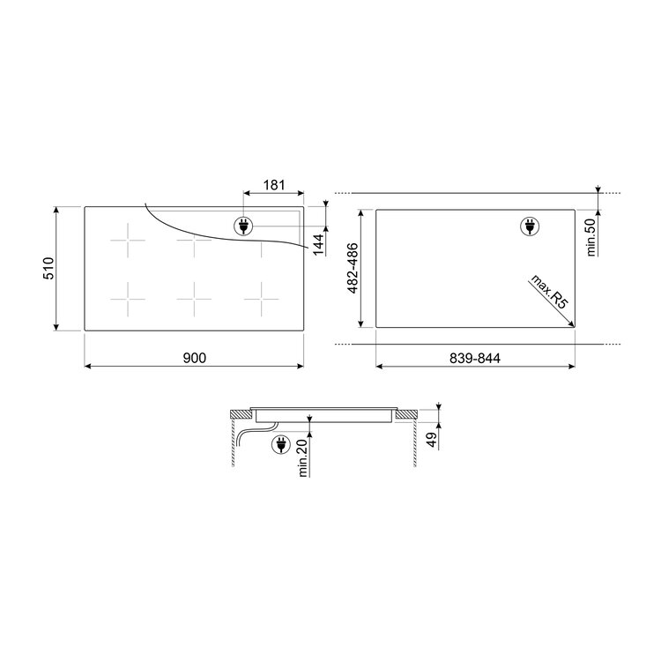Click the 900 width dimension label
pyautogui.click(x=195, y=358)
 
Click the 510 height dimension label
pyautogui.click(x=48, y=268)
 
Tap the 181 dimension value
pyautogui.click(x=274, y=185)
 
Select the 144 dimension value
pyautogui.click(x=318, y=244)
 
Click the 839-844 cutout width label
pyautogui.click(x=475, y=359)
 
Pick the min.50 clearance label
pyautogui.click(x=591, y=237)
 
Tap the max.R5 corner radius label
pyautogui.click(x=549, y=292)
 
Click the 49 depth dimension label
pyautogui.click(x=432, y=440)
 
